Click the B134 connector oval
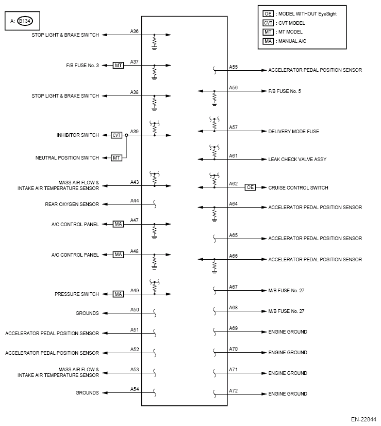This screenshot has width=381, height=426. tap(24, 21)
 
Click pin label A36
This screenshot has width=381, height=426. tap(135, 31)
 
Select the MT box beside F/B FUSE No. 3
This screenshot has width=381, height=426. tap(119, 66)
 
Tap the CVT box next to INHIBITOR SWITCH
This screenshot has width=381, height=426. tap(117, 135)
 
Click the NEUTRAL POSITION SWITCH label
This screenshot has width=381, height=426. tap(67, 157)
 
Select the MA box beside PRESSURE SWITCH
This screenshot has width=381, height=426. tap(119, 294)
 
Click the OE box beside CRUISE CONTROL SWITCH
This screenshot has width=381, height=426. tap(251, 187)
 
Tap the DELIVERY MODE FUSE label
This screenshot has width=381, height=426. tap(293, 132)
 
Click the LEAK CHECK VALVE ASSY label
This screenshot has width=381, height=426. tap(297, 160)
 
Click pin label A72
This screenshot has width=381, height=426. tap(234, 390)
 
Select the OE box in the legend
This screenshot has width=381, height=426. tap(268, 13)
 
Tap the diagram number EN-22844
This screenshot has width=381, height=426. tap(363, 420)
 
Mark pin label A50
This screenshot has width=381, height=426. tap(135, 309)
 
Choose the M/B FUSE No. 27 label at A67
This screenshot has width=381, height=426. tap(286, 291)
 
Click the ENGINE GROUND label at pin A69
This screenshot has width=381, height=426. tap(287, 332)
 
